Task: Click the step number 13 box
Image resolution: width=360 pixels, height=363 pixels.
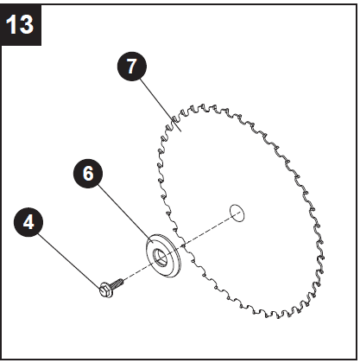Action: click(22, 22)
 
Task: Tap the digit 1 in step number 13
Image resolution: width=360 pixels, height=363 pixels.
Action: click(15, 22)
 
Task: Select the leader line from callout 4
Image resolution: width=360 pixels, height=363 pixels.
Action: click(67, 254)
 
